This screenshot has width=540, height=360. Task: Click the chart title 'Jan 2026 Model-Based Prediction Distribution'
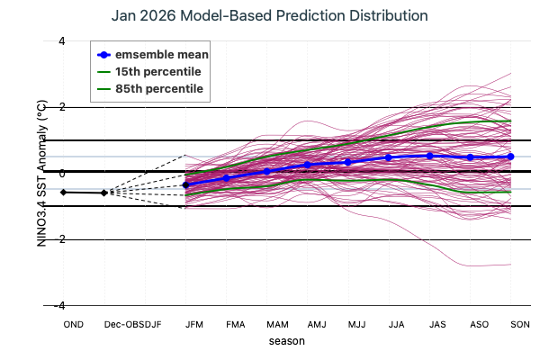point(270,16)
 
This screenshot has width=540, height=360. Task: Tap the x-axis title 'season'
point(287,341)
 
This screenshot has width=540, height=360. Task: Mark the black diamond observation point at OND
point(64,192)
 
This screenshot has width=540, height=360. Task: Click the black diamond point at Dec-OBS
point(104,193)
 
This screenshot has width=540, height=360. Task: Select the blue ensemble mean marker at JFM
point(185,184)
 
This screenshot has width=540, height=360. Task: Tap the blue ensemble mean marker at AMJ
point(307,165)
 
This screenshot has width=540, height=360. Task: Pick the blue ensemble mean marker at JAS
point(429,156)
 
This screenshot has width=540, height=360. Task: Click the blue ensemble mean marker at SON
point(510,157)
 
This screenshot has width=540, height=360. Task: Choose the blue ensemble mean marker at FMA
point(226,178)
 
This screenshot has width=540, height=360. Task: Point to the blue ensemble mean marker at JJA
point(389,157)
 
